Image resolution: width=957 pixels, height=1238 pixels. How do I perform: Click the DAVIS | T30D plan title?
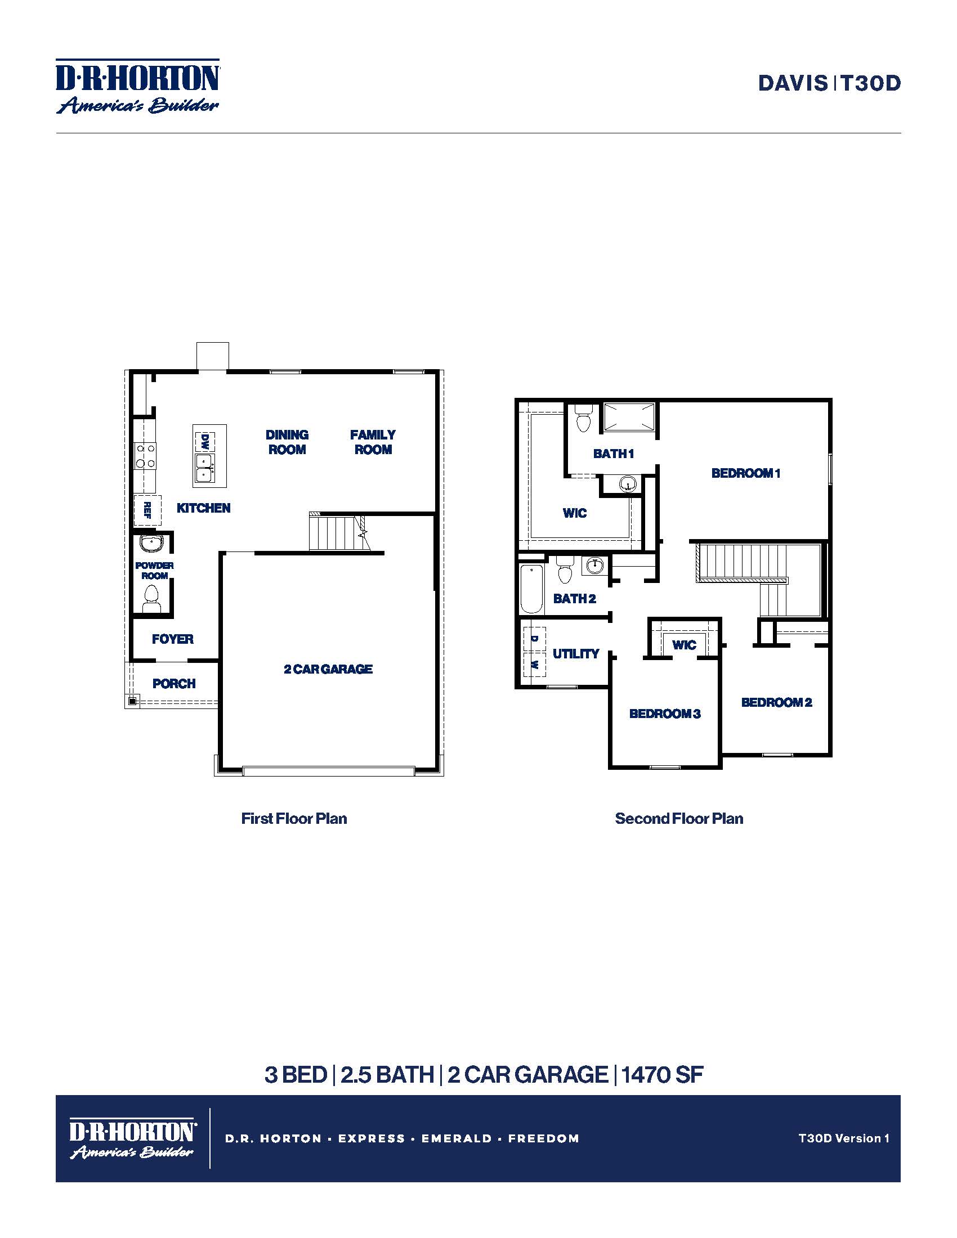click(829, 83)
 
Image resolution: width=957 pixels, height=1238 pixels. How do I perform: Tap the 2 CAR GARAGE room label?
click(328, 669)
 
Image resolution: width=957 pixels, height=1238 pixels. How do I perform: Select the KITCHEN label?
click(204, 508)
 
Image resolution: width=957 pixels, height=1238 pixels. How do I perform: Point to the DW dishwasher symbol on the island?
click(205, 441)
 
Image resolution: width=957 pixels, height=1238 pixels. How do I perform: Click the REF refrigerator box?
click(147, 510)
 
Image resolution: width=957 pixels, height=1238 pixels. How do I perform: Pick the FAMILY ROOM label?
click(373, 442)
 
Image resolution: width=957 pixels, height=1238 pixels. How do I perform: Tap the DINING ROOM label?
click(288, 442)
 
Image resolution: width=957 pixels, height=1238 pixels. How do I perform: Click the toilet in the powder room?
click(151, 598)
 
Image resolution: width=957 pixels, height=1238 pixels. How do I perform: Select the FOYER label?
click(173, 639)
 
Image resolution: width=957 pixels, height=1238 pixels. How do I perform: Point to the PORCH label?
click(174, 684)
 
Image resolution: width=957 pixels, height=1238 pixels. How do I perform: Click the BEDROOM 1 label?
click(746, 473)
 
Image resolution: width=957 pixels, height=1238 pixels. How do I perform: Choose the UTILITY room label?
click(576, 653)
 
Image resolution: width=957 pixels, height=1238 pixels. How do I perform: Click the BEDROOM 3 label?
click(665, 714)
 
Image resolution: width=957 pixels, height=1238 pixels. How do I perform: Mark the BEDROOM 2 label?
click(777, 702)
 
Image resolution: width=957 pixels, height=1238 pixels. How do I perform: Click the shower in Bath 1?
click(629, 417)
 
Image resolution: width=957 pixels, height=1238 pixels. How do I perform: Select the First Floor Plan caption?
click(294, 819)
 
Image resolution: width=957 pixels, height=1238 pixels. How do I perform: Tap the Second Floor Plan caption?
click(679, 819)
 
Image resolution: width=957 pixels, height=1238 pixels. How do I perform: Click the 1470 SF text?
click(662, 1075)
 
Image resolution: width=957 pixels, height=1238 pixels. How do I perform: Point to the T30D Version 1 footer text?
click(844, 1138)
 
